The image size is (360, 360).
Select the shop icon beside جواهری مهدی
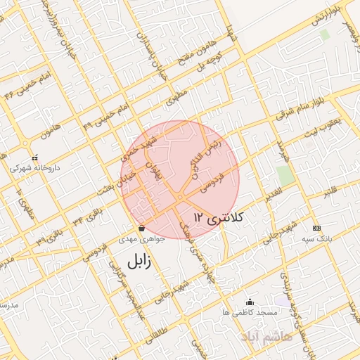(143, 229)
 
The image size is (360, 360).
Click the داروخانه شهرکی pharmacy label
(34, 169)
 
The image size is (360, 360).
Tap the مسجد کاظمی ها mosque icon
(250, 302)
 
